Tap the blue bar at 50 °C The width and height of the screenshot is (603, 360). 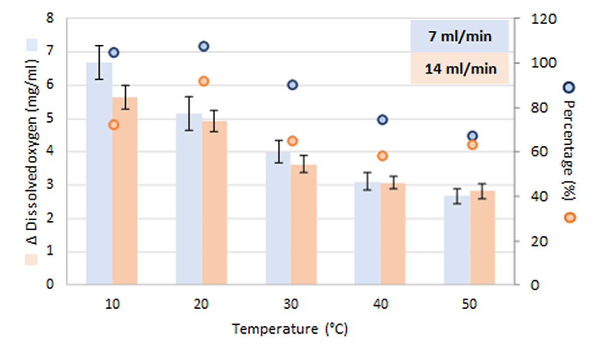(456, 241)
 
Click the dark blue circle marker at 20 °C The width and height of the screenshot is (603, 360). (204, 46)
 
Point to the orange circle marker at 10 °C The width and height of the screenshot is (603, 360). (114, 125)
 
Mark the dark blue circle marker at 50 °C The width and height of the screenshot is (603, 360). (472, 136)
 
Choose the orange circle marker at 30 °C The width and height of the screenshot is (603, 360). (293, 141)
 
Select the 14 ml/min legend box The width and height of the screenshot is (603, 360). (460, 68)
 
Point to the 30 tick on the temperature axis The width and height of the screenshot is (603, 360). (291, 305)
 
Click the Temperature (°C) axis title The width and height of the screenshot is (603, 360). (290, 330)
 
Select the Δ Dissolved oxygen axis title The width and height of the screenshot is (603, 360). (31, 151)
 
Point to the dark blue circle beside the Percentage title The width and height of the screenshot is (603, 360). (569, 87)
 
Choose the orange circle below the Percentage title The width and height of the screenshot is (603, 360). (569, 217)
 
